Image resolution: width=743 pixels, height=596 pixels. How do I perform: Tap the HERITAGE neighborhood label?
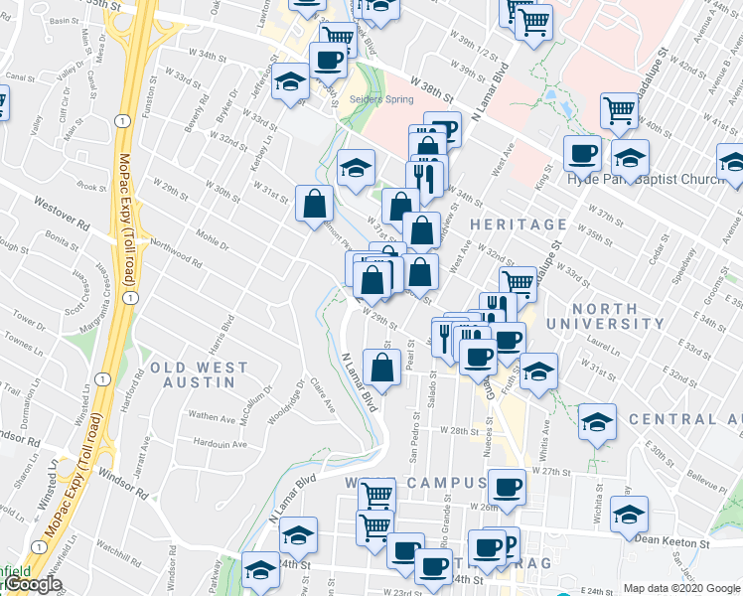pyautogui.click(x=519, y=224)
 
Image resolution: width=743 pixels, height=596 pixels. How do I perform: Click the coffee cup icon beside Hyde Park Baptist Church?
pyautogui.click(x=582, y=152)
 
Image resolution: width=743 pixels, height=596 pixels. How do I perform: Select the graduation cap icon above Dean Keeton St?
pyautogui.click(x=628, y=513)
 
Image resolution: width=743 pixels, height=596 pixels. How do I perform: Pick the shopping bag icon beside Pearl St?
pyautogui.click(x=382, y=368)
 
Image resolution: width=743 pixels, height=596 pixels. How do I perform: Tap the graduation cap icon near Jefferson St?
pyautogui.click(x=291, y=80)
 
